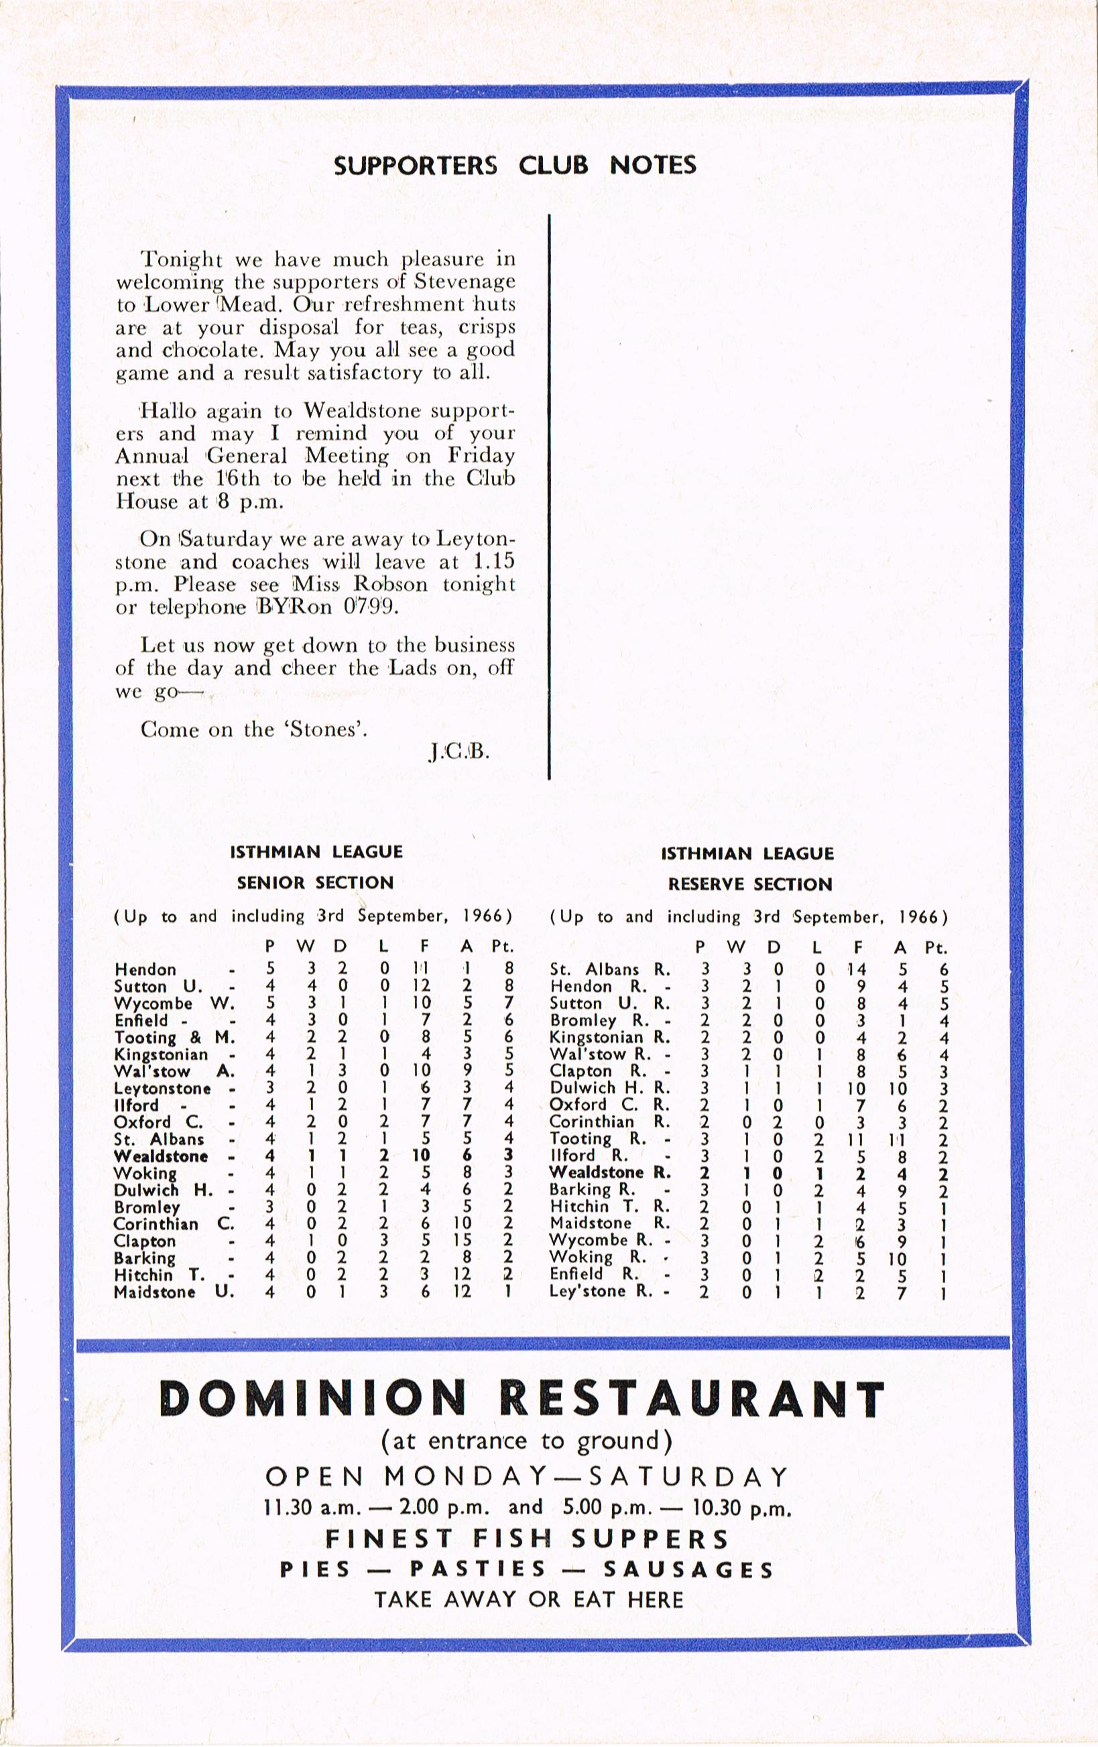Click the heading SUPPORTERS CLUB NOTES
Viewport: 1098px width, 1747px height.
pos(514,166)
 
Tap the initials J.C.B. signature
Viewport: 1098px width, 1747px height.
pos(459,751)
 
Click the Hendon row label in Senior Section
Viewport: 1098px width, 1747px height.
pos(145,970)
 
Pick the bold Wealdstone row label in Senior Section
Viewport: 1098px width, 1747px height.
pos(160,1156)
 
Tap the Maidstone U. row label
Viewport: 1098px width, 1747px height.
pos(174,1292)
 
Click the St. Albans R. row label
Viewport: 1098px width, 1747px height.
pos(610,970)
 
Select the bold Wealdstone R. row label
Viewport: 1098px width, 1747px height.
pos(610,1172)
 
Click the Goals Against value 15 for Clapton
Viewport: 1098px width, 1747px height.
pos(462,1242)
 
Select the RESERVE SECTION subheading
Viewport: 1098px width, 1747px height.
pos(750,884)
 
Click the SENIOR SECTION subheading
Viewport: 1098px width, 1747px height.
pos(315,883)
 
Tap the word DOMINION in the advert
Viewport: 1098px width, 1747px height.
pos(312,1399)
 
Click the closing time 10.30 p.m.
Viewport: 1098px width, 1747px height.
pos(741,1508)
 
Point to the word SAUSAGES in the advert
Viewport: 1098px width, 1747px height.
pos(688,1569)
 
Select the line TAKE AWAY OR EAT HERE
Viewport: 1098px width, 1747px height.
pos(529,1600)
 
